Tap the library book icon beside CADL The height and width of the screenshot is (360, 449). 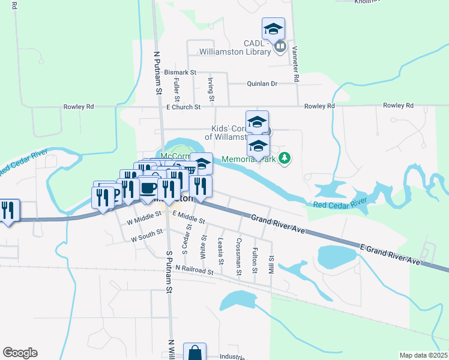[280, 46]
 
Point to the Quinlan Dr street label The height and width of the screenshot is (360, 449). [262, 84]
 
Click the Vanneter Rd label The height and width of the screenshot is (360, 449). [296, 64]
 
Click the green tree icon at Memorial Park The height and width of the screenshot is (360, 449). [286, 158]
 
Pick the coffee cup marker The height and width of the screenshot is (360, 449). [148, 187]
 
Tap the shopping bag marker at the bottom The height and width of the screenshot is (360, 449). [195, 353]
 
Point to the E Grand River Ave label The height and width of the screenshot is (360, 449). [390, 253]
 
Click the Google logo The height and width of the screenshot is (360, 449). [20, 353]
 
